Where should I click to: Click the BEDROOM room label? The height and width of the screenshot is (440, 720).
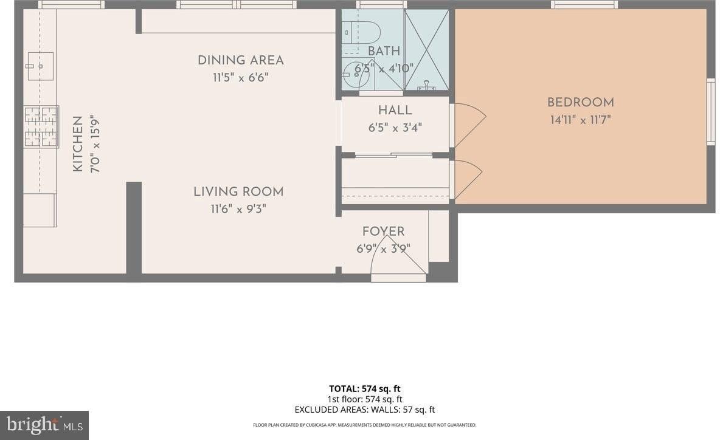point(580,103)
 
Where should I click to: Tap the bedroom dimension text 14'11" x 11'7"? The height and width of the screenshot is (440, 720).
point(580,120)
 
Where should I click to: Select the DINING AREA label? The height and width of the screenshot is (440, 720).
point(240,60)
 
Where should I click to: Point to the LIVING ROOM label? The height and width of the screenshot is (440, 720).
point(238,191)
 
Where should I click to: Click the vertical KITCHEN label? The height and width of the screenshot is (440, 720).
point(78,144)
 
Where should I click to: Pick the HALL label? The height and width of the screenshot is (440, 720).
point(395,111)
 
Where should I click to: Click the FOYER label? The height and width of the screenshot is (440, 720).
point(383,232)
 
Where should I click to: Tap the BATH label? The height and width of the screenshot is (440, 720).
point(384,52)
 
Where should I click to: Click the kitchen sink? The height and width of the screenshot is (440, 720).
point(40,66)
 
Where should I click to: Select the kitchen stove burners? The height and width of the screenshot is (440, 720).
point(41,126)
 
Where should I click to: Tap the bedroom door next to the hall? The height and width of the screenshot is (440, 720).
point(468,124)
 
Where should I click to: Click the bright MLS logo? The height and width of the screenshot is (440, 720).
point(44,425)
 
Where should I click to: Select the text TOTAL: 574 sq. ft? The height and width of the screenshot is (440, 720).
point(364,389)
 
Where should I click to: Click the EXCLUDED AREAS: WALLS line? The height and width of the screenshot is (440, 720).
point(364,410)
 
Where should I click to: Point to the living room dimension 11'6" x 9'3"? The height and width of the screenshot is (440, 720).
point(238,209)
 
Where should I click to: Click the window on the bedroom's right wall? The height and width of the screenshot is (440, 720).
point(710,112)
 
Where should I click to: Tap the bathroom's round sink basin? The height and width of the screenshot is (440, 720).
point(354,75)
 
